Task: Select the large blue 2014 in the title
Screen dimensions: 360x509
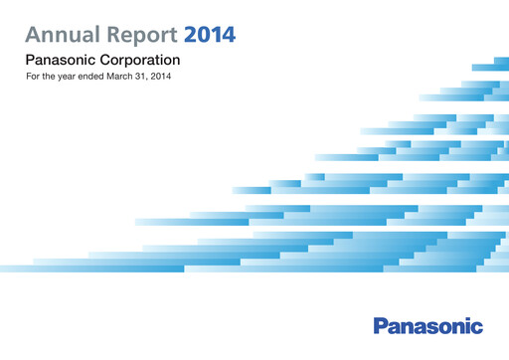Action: [x=211, y=37]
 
